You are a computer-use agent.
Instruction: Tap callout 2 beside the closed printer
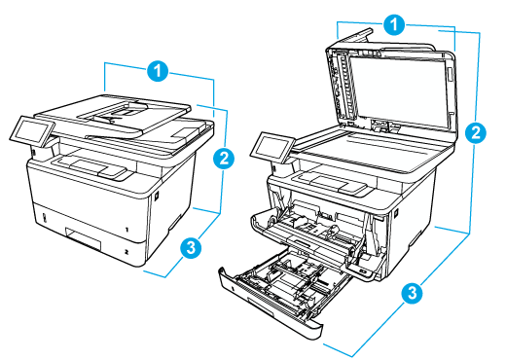click(223, 157)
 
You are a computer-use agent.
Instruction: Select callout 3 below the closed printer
click(193, 247)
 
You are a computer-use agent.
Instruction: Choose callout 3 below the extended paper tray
click(413, 291)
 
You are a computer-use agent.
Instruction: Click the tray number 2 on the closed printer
click(126, 250)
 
